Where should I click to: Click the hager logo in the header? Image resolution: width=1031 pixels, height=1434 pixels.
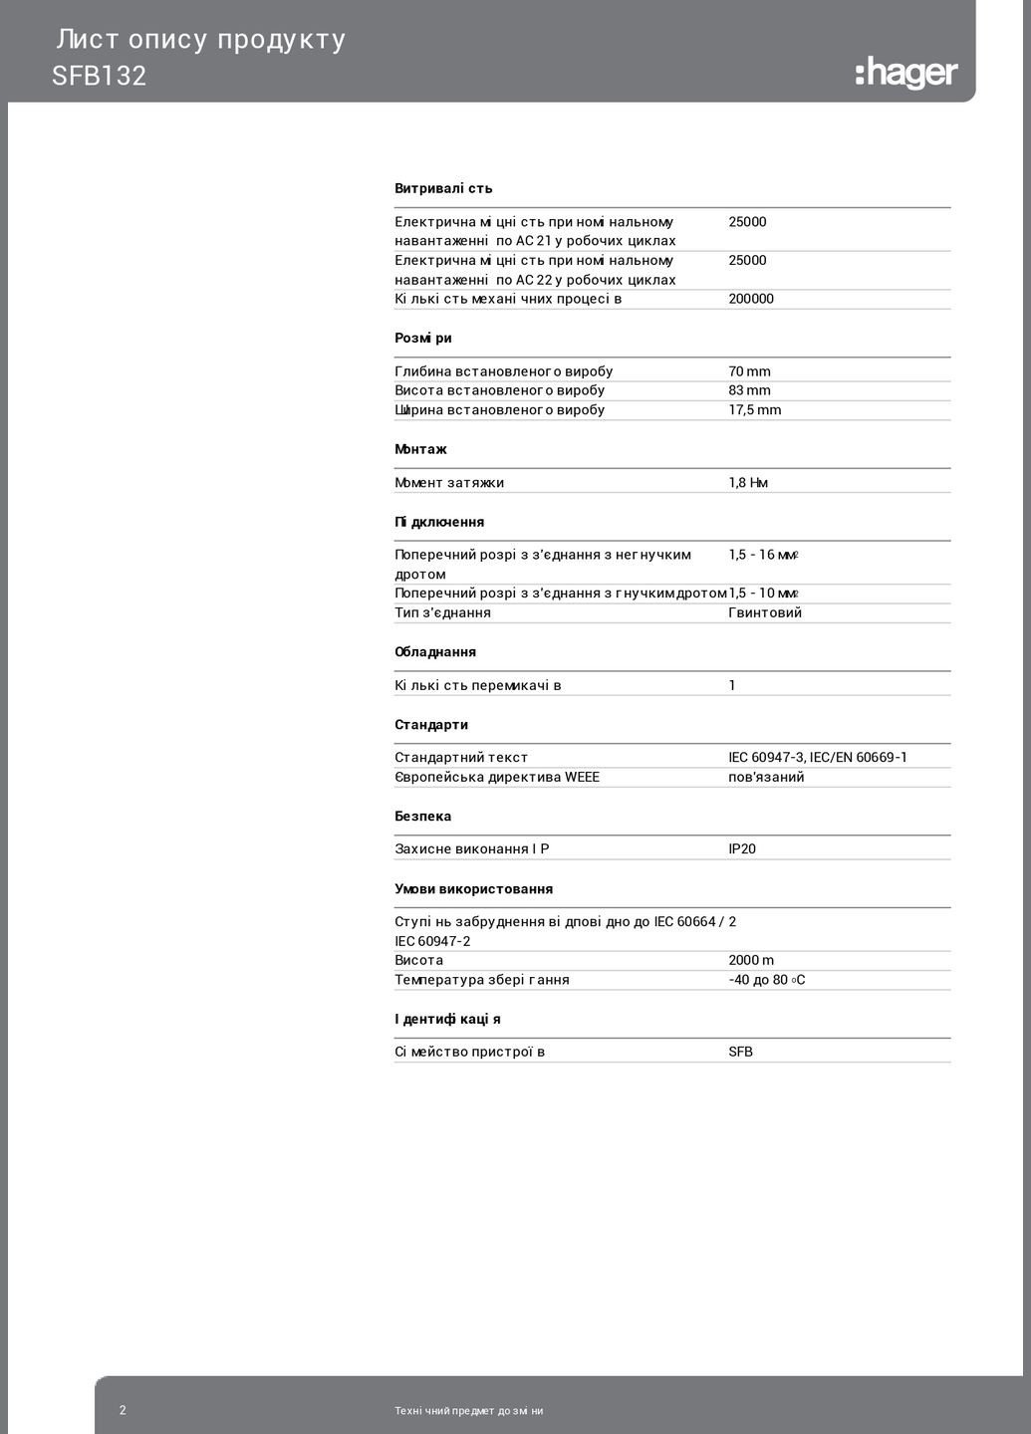tap(905, 74)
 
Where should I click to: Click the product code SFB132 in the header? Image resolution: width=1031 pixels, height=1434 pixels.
tap(100, 77)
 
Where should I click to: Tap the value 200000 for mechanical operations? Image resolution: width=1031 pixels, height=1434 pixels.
tap(751, 299)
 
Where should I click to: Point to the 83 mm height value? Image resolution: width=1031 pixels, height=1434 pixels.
tap(749, 390)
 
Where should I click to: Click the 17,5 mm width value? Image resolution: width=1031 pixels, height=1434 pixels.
tap(754, 409)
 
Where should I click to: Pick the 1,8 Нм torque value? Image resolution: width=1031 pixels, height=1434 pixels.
tap(748, 483)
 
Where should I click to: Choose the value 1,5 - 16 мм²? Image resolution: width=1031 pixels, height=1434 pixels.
tap(764, 555)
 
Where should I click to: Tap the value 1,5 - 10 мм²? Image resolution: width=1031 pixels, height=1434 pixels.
tap(764, 594)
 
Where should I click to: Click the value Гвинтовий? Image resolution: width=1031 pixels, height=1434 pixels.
tap(765, 612)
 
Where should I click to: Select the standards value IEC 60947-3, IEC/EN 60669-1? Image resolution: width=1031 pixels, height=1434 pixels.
tap(818, 758)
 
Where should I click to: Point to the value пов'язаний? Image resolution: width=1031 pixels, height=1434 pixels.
tap(766, 777)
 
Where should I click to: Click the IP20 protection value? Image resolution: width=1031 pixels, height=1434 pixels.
tap(742, 849)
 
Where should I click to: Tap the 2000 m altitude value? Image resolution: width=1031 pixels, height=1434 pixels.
tap(751, 960)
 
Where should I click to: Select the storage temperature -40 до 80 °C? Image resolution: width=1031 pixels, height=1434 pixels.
tap(767, 980)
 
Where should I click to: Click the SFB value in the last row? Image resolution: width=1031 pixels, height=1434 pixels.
tap(740, 1052)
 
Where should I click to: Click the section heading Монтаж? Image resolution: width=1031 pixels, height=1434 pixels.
tap(420, 449)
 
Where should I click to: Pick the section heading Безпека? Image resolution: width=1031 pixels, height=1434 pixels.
tap(422, 817)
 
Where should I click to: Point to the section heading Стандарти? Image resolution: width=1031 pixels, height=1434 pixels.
tap(431, 725)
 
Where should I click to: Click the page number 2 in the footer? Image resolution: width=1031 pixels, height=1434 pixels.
tap(123, 1410)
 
